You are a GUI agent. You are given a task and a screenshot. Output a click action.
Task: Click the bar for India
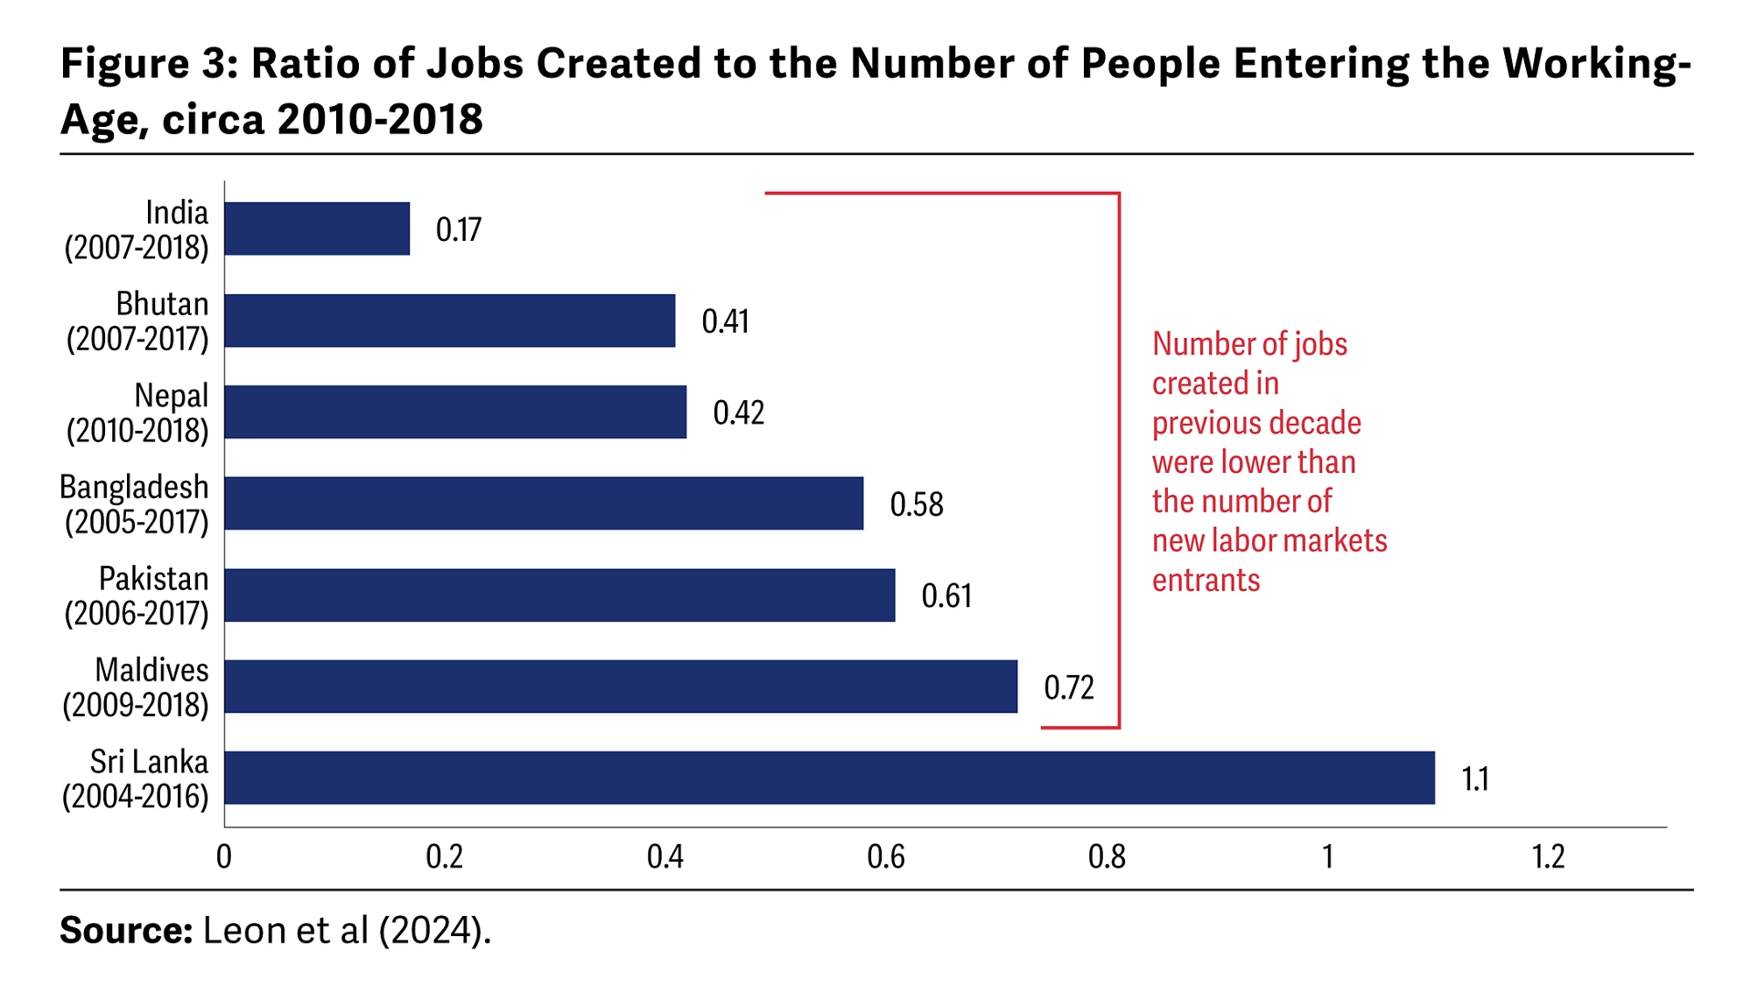tap(317, 229)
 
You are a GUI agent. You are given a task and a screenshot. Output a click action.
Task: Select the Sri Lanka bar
tap(829, 778)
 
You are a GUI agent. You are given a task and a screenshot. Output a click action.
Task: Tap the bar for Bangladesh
tap(544, 504)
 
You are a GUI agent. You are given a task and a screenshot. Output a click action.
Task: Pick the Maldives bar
tap(621, 687)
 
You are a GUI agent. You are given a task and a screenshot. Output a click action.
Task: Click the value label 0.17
tap(459, 230)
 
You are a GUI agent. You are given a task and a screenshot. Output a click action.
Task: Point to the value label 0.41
tap(725, 321)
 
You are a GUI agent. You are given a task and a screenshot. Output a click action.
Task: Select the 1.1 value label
tap(1475, 778)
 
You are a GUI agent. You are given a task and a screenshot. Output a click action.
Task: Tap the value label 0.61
tap(946, 596)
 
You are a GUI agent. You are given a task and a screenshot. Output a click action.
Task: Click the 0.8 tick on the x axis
tap(1107, 856)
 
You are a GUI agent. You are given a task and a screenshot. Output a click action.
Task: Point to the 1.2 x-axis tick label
tap(1548, 856)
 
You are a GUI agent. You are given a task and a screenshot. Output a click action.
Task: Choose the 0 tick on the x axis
tap(224, 856)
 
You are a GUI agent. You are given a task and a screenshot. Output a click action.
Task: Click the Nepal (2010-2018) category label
tap(137, 412)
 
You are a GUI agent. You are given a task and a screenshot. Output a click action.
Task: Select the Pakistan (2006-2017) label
tap(137, 595)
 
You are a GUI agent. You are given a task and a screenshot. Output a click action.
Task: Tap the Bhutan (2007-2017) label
tap(137, 321)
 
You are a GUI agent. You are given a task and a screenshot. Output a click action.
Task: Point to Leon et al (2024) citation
tap(347, 930)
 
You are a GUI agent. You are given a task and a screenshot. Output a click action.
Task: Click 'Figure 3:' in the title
tap(149, 64)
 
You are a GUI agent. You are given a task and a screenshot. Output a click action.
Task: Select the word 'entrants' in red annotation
tap(1206, 581)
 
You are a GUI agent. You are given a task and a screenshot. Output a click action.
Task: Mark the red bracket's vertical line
tap(1119, 460)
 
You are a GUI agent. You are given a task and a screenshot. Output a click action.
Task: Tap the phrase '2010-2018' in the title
tap(380, 119)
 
